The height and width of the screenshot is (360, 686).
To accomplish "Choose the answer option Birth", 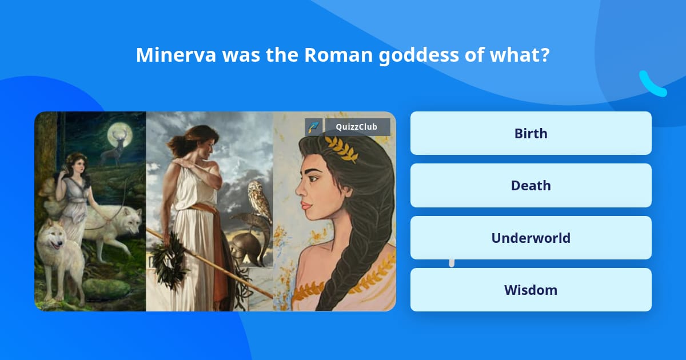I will click(531, 133).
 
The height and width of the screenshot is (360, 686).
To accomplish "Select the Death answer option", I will click(531, 185).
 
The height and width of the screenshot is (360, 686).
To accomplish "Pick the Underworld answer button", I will click(531, 238).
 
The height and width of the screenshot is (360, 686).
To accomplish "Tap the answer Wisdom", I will click(531, 290).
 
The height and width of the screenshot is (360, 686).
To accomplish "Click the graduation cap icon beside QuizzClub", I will click(314, 127).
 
